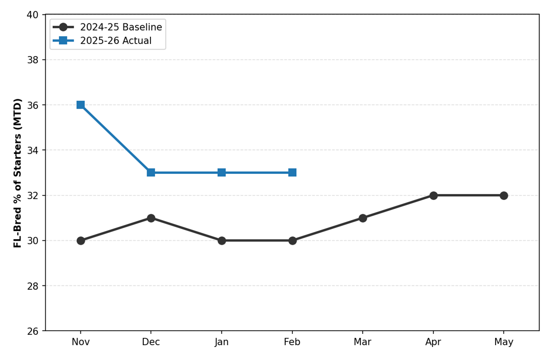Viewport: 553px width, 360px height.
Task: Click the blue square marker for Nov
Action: [x=81, y=105]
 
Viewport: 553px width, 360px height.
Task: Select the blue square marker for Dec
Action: [x=151, y=173]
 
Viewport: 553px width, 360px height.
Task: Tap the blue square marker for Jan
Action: [x=221, y=173]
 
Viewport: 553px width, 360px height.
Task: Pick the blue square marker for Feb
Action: [x=292, y=173]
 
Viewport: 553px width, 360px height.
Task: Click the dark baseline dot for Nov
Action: [x=81, y=240]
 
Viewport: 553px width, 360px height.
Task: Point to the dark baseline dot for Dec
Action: [x=151, y=218]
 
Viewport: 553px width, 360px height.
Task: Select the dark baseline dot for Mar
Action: [x=363, y=218]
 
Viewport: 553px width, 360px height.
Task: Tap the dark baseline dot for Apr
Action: [x=434, y=196]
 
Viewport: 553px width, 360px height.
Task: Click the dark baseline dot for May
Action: [x=504, y=196]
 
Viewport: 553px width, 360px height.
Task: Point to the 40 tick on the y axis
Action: [x=32, y=15]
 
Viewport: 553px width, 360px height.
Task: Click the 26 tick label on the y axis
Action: [x=32, y=331]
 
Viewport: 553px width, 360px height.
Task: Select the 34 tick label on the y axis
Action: [x=32, y=150]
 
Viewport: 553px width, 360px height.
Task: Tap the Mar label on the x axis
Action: [x=363, y=342]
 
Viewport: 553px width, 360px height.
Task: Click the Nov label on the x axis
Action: [x=81, y=342]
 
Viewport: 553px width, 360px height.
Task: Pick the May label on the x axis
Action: [x=504, y=342]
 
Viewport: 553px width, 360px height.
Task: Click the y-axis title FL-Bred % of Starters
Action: [x=18, y=173]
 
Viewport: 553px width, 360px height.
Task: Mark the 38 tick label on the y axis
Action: [x=32, y=60]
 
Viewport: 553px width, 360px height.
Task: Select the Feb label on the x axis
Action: [x=292, y=342]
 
